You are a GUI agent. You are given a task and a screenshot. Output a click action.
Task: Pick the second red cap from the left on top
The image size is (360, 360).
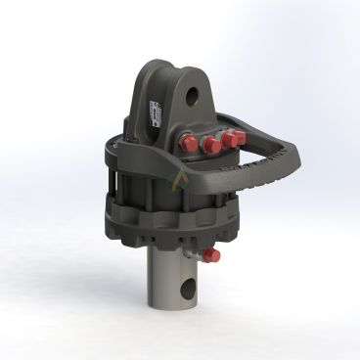pos(209,146)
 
